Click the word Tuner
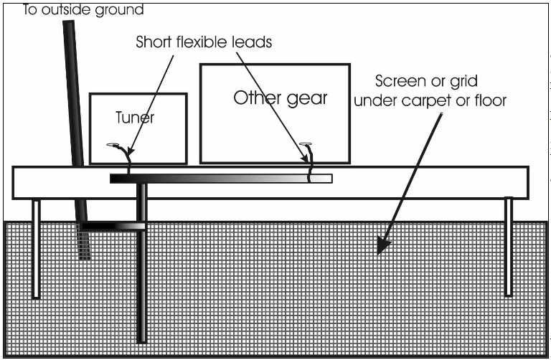(135, 117)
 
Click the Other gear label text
(280, 98)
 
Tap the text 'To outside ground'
(83, 10)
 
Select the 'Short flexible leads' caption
(204, 42)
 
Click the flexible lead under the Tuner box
(128, 159)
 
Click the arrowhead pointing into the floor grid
(382, 246)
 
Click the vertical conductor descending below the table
(141, 287)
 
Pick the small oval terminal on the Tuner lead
(112, 145)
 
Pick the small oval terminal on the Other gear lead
(306, 143)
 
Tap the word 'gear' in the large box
(306, 98)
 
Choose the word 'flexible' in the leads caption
(205, 42)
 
